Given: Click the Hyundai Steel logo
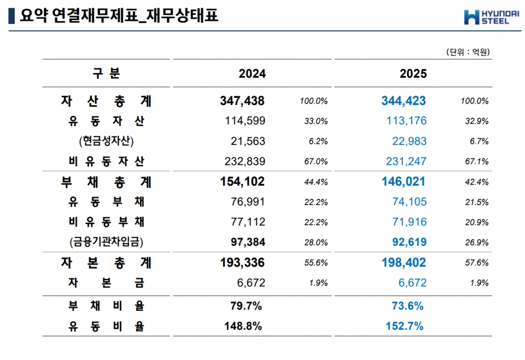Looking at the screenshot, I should point(490,18).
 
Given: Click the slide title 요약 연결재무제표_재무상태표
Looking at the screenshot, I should point(119,16).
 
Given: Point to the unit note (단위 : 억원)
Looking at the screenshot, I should point(468,52).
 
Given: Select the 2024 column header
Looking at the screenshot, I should point(252,74).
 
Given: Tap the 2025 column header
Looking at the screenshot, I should point(413,74).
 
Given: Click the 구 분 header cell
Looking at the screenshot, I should point(106,73).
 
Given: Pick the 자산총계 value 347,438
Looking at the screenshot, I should point(242,101).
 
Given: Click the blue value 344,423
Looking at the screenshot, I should point(404,101).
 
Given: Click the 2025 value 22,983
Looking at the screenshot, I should point(409,141).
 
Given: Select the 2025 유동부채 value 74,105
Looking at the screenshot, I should point(409,202).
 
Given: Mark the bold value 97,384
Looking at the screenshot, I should point(242,242).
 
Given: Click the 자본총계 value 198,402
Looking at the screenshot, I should point(404,263).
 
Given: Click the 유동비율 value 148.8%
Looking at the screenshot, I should point(243,326).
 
